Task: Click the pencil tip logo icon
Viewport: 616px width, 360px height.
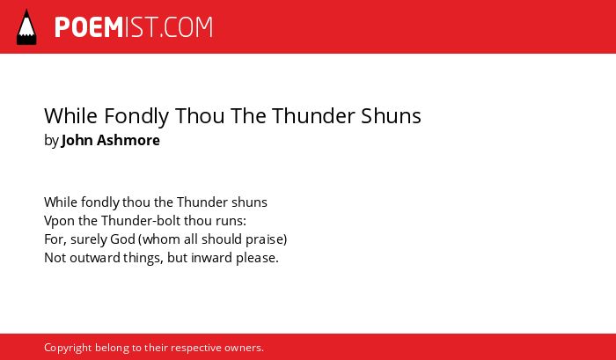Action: [x=26, y=26]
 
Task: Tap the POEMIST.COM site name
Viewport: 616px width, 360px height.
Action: [x=134, y=27]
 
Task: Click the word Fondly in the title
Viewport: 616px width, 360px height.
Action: [x=136, y=116]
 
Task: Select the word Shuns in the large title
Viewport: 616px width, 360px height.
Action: [x=391, y=116]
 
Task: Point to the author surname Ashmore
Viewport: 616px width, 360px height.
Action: [x=128, y=140]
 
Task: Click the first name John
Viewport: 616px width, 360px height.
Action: [x=77, y=140]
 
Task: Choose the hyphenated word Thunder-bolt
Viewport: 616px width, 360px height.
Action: [x=141, y=220]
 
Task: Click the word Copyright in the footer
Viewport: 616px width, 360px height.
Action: [x=68, y=349]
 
